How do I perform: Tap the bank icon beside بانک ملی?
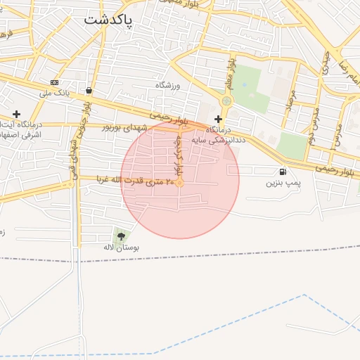[55, 83]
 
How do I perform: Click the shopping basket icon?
[89, 91]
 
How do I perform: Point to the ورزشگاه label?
[168, 85]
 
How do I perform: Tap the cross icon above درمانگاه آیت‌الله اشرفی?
[16, 114]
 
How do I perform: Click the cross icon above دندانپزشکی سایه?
[218, 120]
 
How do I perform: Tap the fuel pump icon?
[283, 172]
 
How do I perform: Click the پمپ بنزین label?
[283, 183]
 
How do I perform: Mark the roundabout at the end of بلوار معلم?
[226, 101]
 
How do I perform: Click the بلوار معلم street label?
[229, 74]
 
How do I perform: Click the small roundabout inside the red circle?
[180, 183]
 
